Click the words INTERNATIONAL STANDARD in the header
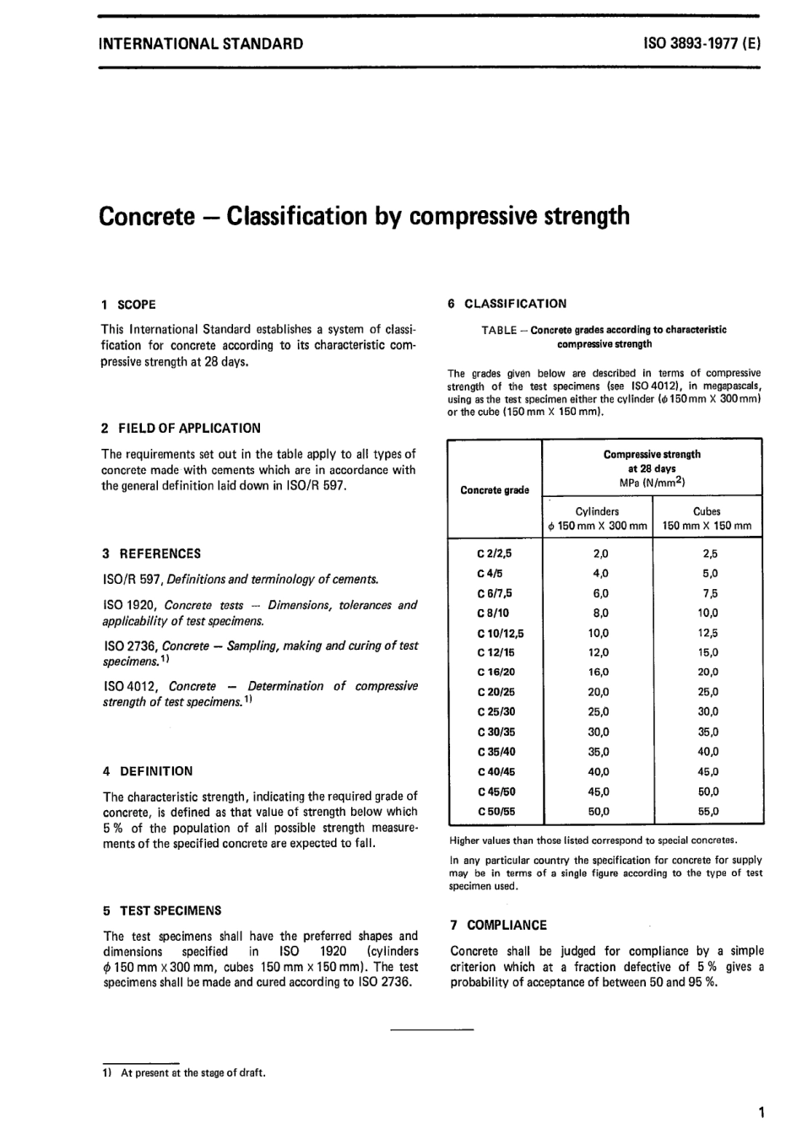201,43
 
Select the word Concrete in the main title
148,216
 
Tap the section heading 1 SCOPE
128,305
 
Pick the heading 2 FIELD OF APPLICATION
181,428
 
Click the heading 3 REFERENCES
151,554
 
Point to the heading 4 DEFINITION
147,770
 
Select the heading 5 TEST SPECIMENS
161,910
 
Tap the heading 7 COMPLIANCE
498,925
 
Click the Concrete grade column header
495,490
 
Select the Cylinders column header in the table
597,511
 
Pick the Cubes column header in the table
707,511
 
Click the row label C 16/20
495,673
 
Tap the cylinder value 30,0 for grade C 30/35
598,732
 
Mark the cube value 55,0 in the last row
708,812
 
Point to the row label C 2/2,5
495,554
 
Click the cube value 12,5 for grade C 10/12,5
708,633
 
